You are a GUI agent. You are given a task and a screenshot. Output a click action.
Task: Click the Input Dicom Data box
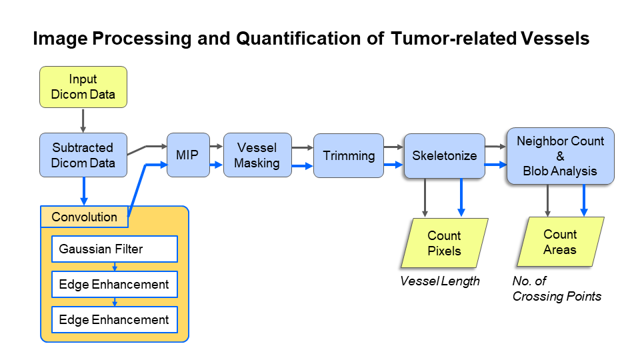pyautogui.click(x=83, y=87)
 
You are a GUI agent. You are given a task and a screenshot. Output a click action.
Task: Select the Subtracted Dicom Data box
pyautogui.click(x=83, y=155)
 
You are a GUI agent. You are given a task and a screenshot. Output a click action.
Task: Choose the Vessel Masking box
pyautogui.click(x=257, y=155)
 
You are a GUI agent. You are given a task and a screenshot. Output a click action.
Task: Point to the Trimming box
pyautogui.click(x=349, y=155)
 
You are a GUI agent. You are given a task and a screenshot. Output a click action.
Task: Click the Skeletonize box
pyautogui.click(x=444, y=155)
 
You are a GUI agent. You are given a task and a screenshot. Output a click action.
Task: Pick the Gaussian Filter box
pyautogui.click(x=115, y=249)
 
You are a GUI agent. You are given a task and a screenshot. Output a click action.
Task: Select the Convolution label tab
pyautogui.click(x=84, y=217)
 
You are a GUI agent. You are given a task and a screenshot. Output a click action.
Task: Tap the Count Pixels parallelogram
pyautogui.click(x=444, y=243)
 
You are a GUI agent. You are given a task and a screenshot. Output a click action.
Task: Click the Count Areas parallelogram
pyautogui.click(x=560, y=242)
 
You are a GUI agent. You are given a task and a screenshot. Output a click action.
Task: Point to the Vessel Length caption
pyautogui.click(x=440, y=281)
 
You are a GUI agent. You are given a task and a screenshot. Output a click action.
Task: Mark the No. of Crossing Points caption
pyautogui.click(x=557, y=289)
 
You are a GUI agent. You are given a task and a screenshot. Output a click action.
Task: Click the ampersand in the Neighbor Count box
pyautogui.click(x=560, y=156)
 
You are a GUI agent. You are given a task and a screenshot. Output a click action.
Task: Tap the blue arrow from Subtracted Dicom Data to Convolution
pyautogui.click(x=83, y=191)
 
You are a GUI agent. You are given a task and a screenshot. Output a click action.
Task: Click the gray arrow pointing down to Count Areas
pyautogui.click(x=548, y=200)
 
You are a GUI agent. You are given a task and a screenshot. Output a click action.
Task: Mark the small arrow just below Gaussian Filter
pyautogui.click(x=115, y=266)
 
